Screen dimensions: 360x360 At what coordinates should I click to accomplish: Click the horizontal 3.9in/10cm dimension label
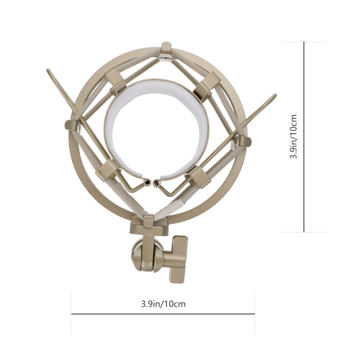(x=163, y=304)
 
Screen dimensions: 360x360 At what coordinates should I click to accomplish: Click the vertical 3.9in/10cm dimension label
(x=294, y=137)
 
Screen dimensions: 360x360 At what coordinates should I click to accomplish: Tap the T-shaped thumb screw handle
(x=176, y=259)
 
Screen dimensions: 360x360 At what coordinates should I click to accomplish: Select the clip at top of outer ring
(x=166, y=49)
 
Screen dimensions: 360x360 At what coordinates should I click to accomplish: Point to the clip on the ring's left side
(x=72, y=125)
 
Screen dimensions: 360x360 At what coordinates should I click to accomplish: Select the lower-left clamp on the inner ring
(x=107, y=171)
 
